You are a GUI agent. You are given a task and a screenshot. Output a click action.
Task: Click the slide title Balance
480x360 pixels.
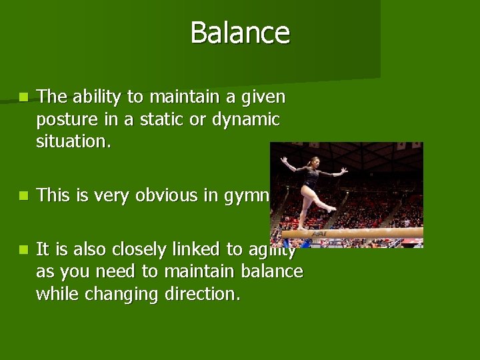[x=240, y=33]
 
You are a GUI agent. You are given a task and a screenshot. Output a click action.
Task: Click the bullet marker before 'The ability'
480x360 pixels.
[x=24, y=97]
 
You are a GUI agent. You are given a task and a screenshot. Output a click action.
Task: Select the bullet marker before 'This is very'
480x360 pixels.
[x=24, y=195]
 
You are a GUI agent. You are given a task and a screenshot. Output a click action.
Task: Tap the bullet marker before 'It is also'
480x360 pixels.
[x=24, y=249]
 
